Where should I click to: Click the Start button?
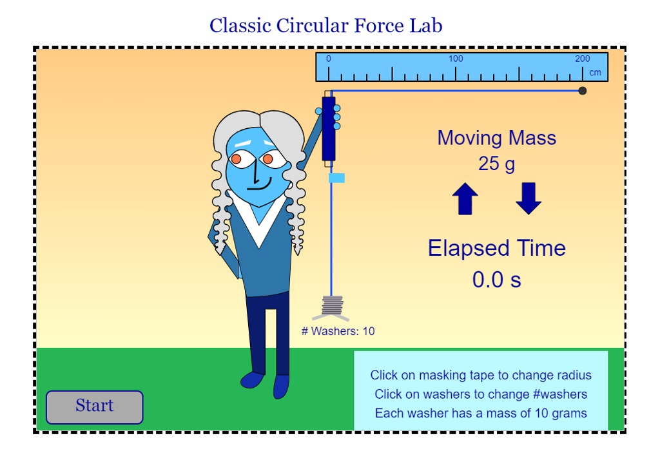pos(94,407)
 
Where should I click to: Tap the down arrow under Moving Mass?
pos(529,198)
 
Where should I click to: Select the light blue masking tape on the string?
pos(336,178)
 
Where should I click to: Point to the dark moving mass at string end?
pos(583,91)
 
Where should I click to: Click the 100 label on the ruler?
pos(456,59)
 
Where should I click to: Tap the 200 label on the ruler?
pos(582,59)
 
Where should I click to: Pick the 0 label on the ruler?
pos(329,59)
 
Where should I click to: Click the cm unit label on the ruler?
pos(595,72)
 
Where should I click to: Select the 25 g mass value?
pos(496,164)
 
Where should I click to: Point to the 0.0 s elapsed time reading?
pos(496,280)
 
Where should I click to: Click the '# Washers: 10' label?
pos(338,332)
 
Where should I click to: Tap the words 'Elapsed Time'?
pos(496,248)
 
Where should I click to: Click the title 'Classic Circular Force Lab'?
pos(325,26)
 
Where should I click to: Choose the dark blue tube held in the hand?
pos(329,129)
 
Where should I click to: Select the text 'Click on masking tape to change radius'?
pos(480,375)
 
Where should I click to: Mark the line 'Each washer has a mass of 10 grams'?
pos(480,413)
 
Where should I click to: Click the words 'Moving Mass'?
pos(496,138)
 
